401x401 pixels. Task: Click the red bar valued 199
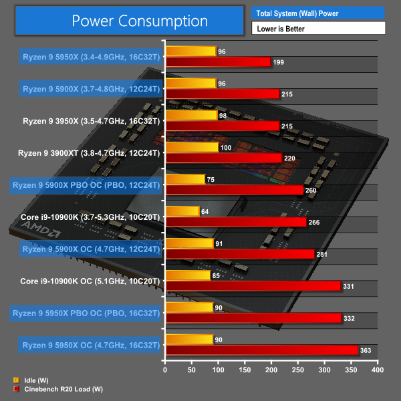click(218, 62)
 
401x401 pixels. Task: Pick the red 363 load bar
click(261, 350)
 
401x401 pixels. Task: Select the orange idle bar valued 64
click(182, 211)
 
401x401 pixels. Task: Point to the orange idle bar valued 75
click(185, 179)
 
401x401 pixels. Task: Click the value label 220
click(289, 158)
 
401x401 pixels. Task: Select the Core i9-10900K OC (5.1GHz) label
click(91, 281)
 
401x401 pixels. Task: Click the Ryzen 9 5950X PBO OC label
click(86, 313)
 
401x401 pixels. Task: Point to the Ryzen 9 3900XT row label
click(90, 152)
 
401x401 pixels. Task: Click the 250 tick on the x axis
click(298, 369)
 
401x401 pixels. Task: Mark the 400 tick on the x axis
click(378, 369)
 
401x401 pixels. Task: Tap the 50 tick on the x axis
click(192, 369)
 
